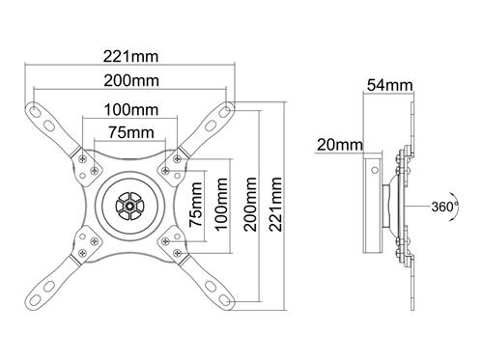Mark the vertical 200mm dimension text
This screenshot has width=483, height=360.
click(x=251, y=205)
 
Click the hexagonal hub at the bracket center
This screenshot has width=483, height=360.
click(x=129, y=205)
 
